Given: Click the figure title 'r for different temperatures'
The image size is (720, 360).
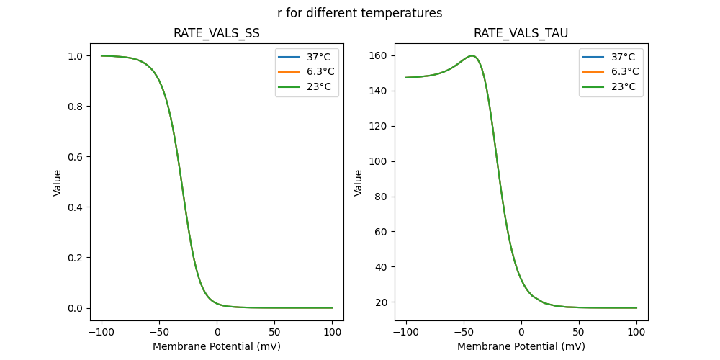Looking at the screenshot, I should pyautogui.click(x=359, y=13).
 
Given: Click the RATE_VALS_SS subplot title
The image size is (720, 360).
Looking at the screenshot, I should pyautogui.click(x=217, y=33).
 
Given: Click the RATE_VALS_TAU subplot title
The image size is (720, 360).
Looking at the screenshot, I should pyautogui.click(x=521, y=33).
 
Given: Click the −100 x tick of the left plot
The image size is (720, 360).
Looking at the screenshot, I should pyautogui.click(x=102, y=332).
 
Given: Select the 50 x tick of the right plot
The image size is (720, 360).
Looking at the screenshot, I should pyautogui.click(x=579, y=332).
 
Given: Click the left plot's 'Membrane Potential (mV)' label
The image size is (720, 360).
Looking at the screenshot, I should pyautogui.click(x=217, y=346).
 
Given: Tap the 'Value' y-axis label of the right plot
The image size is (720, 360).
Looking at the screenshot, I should pyautogui.click(x=358, y=183).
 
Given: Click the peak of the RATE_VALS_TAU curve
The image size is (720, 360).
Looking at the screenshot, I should pyautogui.click(x=472, y=55).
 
